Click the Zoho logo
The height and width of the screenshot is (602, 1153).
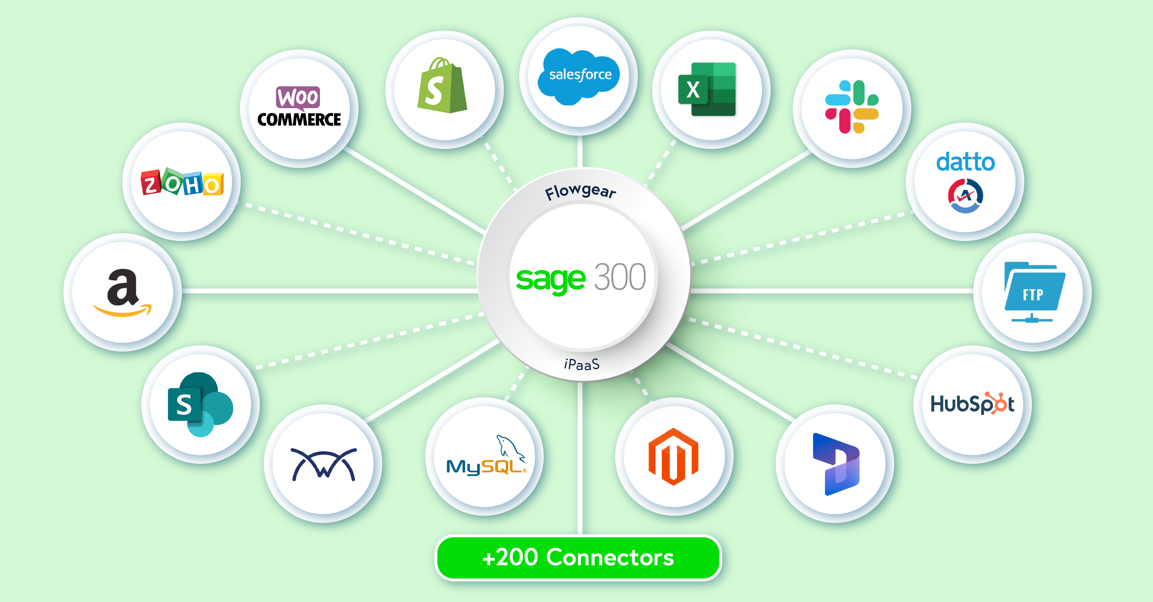[x=182, y=182]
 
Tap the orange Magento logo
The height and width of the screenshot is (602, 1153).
[x=673, y=457]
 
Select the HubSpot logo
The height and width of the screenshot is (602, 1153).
[x=972, y=404]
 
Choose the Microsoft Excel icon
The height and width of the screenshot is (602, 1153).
[x=707, y=90]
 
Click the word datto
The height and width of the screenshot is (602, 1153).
[x=965, y=162]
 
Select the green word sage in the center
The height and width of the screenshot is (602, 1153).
[x=551, y=280]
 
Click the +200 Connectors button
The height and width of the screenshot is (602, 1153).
[x=578, y=557]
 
